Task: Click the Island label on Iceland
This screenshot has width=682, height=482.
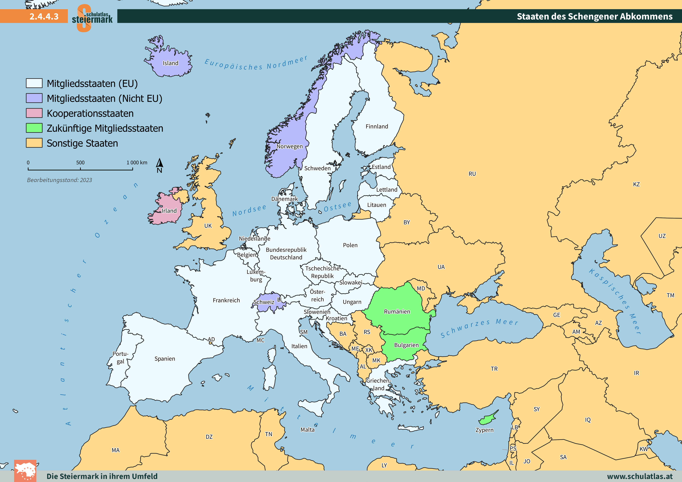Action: pyautogui.click(x=170, y=63)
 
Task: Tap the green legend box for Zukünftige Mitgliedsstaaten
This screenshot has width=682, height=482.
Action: pyautogui.click(x=34, y=128)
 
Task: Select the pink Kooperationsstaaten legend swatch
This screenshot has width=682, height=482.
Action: pyautogui.click(x=34, y=113)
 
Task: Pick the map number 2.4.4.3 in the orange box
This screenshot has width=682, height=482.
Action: pyautogui.click(x=44, y=16)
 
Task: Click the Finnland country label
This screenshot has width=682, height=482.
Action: pyautogui.click(x=377, y=127)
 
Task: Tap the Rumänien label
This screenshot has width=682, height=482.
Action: pyautogui.click(x=397, y=311)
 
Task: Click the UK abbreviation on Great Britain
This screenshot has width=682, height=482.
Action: pyautogui.click(x=208, y=226)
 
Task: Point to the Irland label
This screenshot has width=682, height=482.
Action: pyautogui.click(x=169, y=211)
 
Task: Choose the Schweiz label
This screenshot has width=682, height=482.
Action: pyautogui.click(x=264, y=302)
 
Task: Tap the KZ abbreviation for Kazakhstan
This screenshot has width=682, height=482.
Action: pyautogui.click(x=636, y=184)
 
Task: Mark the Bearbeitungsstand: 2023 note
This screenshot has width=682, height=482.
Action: pyautogui.click(x=59, y=180)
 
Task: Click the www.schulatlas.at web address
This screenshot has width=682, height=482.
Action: pyautogui.click(x=640, y=476)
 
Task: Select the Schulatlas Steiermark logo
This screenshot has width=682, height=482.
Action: pyautogui.click(x=92, y=18)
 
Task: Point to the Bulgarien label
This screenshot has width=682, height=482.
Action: pyautogui.click(x=406, y=345)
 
